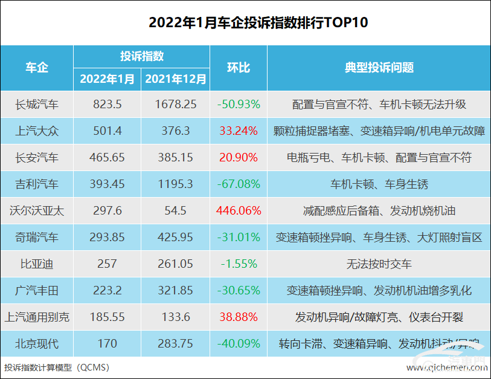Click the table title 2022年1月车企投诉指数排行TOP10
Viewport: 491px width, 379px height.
[245, 23]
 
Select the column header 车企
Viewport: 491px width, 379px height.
[37, 67]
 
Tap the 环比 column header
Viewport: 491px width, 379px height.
[238, 67]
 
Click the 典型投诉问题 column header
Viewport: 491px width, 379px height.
[379, 67]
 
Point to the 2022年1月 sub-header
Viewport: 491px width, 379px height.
[108, 79]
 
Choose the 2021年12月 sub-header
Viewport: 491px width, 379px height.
[175, 79]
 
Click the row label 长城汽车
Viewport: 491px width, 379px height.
[37, 105]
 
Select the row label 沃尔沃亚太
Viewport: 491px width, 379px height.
[37, 211]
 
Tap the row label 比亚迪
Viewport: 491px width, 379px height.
[37, 264]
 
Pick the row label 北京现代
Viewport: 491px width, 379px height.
[37, 344]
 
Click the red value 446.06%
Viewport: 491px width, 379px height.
[238, 211]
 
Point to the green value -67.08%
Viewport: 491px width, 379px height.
[238, 184]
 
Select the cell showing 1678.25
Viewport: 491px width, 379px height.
[175, 105]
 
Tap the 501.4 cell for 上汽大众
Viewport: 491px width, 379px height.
[108, 131]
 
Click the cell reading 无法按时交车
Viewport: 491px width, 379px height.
[379, 264]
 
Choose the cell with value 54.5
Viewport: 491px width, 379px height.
[175, 211]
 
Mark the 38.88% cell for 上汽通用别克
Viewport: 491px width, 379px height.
[238, 317]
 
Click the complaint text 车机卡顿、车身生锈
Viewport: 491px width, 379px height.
[379, 184]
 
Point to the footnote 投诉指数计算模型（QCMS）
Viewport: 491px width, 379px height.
[57, 368]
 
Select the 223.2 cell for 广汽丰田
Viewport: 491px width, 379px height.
[108, 291]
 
